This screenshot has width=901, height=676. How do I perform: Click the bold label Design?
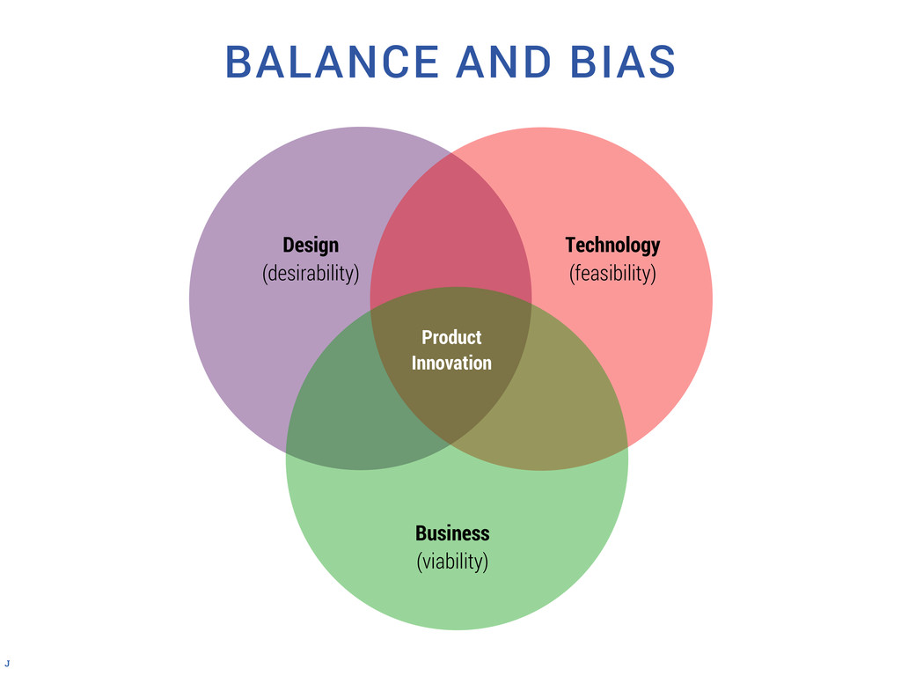[311, 245]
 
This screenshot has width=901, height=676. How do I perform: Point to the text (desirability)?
[311, 273]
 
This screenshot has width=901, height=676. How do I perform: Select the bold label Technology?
[612, 245]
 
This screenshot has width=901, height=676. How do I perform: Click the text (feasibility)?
[612, 273]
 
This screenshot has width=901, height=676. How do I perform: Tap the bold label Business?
[452, 533]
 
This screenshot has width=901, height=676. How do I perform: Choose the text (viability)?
[452, 561]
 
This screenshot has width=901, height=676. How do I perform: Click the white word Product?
[451, 337]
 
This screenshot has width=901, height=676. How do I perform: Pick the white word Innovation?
[451, 363]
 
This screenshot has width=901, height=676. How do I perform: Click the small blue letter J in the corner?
[8, 661]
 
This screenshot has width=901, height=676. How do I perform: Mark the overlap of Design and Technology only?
[450, 229]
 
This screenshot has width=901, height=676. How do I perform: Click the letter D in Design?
[288, 245]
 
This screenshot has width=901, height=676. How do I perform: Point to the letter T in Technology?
[570, 245]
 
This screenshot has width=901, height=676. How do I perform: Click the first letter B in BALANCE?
[238, 62]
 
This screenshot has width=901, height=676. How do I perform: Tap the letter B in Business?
[421, 533]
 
